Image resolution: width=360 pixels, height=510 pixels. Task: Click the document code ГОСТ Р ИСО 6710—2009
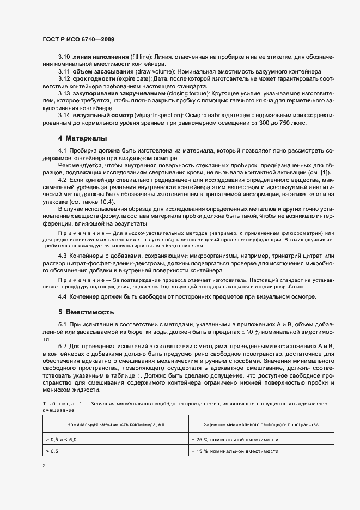pyautogui.click(x=78, y=40)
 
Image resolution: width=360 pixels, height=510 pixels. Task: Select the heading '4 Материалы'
pyautogui.click(x=83, y=138)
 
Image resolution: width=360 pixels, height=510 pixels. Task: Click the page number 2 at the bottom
pyautogui.click(x=44, y=466)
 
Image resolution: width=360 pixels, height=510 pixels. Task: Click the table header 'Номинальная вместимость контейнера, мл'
pyautogui.click(x=115, y=424)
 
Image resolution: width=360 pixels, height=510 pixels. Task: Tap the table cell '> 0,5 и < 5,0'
pyautogui.click(x=62, y=439)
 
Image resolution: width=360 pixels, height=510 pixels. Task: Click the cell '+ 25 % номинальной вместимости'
pyautogui.click(x=235, y=439)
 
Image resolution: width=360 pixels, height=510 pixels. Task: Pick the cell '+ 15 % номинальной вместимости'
pyautogui.click(x=235, y=451)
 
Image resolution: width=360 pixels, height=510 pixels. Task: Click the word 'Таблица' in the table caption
pyautogui.click(x=57, y=403)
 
